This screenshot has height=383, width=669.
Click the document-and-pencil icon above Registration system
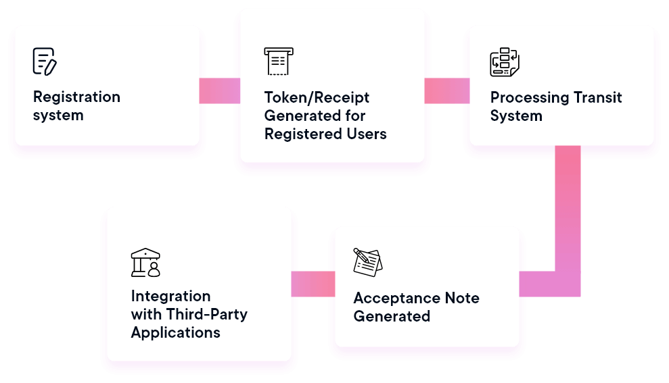coord(45,61)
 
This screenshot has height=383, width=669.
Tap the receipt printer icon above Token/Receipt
coord(278,61)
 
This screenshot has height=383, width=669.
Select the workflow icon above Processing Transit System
coord(504,62)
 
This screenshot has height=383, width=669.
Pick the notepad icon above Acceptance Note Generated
coord(367,262)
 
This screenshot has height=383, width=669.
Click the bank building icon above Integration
coord(145,262)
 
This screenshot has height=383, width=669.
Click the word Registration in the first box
coord(76,97)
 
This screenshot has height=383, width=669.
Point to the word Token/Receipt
coord(317,97)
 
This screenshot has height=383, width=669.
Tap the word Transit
coord(595,97)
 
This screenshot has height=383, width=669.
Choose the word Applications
coord(175,332)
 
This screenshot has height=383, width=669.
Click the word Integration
coord(170,296)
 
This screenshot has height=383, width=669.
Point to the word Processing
coord(528,97)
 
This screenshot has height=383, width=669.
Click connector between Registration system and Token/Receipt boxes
coord(220,91)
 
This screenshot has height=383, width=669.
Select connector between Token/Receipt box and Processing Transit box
coord(446,91)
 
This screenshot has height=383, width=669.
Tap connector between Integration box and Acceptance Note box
coord(313,284)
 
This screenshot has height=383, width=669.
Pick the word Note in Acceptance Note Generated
coord(462,298)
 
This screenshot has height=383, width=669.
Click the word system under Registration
coord(58,115)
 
